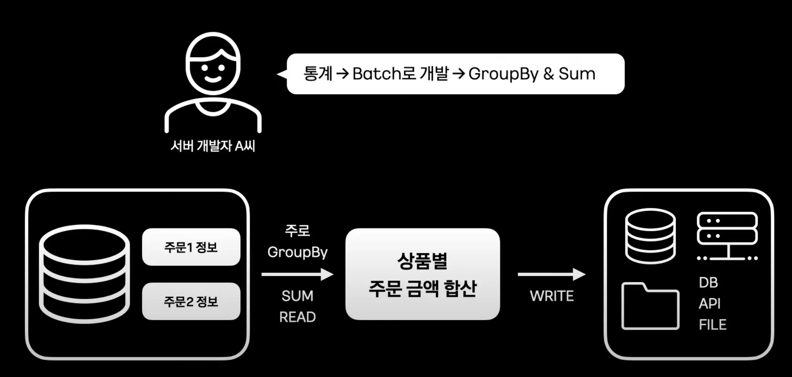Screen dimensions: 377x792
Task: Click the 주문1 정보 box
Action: pyautogui.click(x=191, y=247)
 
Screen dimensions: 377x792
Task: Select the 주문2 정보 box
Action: pyautogui.click(x=191, y=301)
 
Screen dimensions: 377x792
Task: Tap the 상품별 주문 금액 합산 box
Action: pyautogui.click(x=422, y=274)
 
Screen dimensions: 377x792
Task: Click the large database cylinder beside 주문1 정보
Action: pyautogui.click(x=84, y=274)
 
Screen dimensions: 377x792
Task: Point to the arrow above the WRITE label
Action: pyautogui.click(x=551, y=274)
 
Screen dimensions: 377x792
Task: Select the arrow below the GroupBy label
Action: pyautogui.click(x=297, y=275)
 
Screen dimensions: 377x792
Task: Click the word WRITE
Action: pyautogui.click(x=551, y=296)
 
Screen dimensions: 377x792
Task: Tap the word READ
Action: pyautogui.click(x=297, y=317)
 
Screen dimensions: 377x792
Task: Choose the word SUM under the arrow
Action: pyautogui.click(x=297, y=296)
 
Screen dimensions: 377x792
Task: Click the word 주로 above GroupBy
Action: pyautogui.click(x=297, y=231)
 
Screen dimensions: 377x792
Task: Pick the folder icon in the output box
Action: pyautogui.click(x=650, y=307)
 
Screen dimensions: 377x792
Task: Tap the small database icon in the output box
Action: pyautogui.click(x=650, y=236)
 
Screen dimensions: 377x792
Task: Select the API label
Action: pyautogui.click(x=710, y=304)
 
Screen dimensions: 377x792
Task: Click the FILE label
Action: pyautogui.click(x=712, y=325)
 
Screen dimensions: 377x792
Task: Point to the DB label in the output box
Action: pyautogui.click(x=708, y=283)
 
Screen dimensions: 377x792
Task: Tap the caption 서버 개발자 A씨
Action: pyautogui.click(x=213, y=146)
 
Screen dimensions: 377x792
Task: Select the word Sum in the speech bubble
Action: pyautogui.click(x=577, y=73)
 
